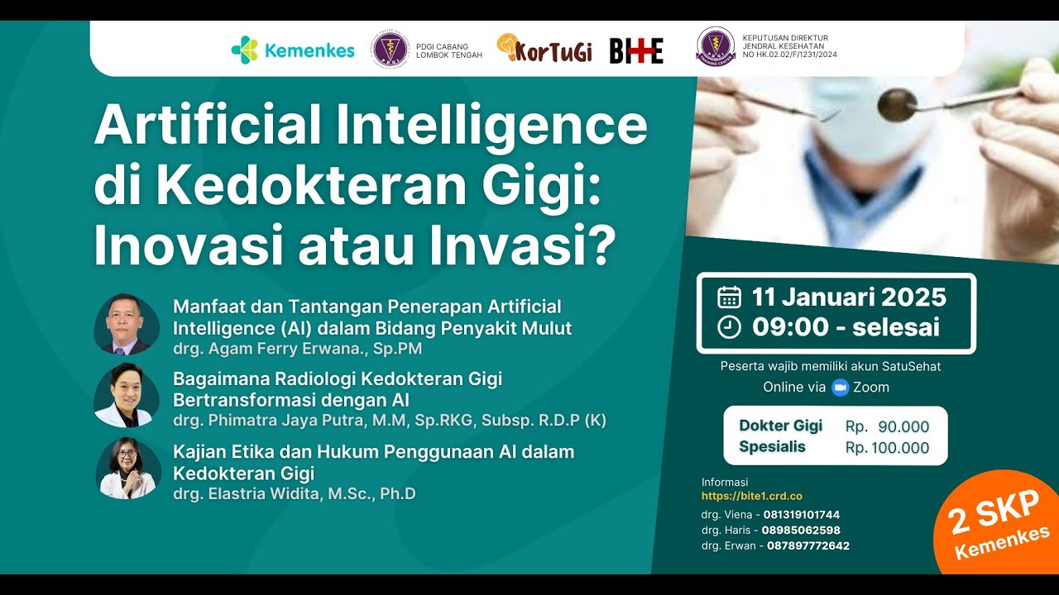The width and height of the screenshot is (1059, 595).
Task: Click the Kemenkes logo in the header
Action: (293, 50)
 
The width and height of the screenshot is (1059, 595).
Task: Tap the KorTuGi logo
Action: (544, 50)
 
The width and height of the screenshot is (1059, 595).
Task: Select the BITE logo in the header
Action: (636, 50)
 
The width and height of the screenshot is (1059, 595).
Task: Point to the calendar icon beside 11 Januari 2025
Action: (729, 297)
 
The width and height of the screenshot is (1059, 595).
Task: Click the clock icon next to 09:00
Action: (729, 327)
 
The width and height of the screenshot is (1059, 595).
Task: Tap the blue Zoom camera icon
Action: (841, 387)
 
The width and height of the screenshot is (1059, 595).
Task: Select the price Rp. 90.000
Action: (887, 427)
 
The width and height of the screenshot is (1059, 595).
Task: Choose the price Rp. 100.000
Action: (887, 449)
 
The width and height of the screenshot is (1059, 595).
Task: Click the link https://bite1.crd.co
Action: (752, 497)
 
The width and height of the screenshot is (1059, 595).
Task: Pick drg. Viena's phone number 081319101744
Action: (802, 515)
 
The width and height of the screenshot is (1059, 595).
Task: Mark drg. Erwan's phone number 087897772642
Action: (807, 546)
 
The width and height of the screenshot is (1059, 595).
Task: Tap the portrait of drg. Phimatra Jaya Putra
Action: (126, 396)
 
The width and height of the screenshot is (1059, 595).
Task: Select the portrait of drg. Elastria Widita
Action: (126, 469)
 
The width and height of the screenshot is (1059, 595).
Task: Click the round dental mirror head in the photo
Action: (896, 104)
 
